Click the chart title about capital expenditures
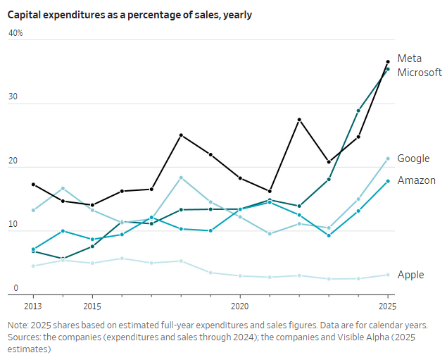(130, 14)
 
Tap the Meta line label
(409, 58)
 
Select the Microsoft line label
(420, 73)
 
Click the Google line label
(413, 159)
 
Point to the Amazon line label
(416, 180)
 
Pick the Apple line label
(410, 275)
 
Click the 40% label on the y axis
(15, 33)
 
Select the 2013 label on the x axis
(33, 306)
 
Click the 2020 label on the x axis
(240, 306)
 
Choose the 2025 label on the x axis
(387, 306)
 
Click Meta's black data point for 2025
(388, 62)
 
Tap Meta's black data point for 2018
(181, 135)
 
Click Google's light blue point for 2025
(388, 159)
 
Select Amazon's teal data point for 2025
(388, 181)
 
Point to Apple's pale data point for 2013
(33, 266)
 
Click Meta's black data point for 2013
(33, 185)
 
